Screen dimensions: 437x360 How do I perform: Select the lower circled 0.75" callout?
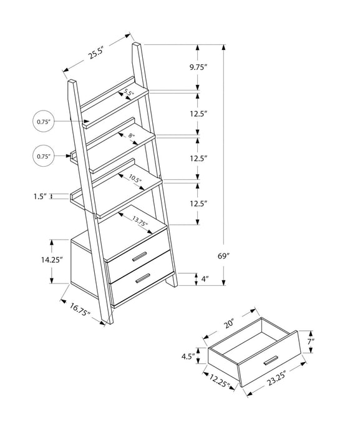coord(42,156)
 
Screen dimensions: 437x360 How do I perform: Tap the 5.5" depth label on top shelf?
coord(129,94)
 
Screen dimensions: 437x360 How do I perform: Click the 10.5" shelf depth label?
coord(135,180)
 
